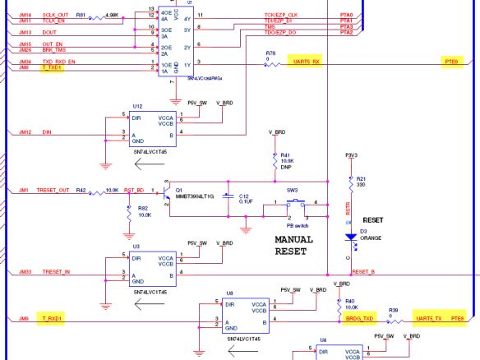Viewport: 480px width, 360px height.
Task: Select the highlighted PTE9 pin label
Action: [x=451, y=62]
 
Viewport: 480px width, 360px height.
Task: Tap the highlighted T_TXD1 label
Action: [x=51, y=68]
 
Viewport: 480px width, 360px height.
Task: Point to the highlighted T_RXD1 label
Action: [x=51, y=317]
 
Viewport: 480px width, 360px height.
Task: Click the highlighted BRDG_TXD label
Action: [x=360, y=317]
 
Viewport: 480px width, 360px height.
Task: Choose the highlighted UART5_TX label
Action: [x=428, y=317]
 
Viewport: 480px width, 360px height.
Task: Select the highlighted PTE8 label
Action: [x=457, y=317]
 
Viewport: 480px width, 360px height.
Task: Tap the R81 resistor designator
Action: [x=80, y=15]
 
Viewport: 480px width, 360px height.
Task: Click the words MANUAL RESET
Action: [x=293, y=245]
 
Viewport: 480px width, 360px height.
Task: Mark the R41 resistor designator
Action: [x=285, y=155]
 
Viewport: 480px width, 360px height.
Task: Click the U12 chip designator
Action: [x=137, y=106]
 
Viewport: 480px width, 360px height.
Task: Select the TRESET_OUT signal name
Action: [x=53, y=190]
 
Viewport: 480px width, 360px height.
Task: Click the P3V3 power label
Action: [x=351, y=154]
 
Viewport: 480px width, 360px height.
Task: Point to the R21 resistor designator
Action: [x=361, y=179]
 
